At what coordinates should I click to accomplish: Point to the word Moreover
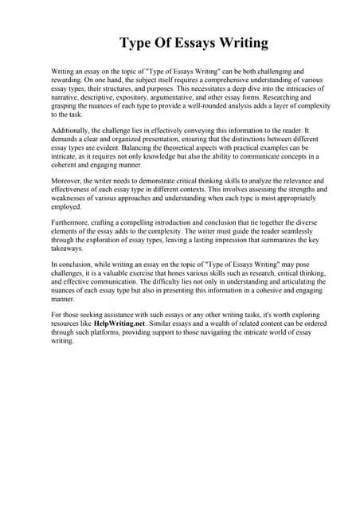click(67, 182)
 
